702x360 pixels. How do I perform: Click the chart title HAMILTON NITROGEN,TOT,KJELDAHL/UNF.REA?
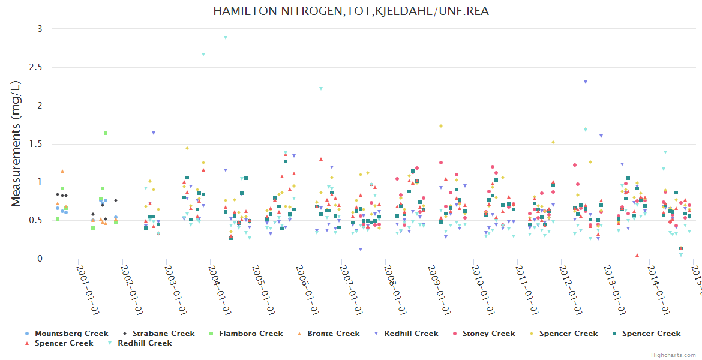(351, 11)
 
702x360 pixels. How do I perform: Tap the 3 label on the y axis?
(40, 29)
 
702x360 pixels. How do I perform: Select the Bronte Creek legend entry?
(333, 334)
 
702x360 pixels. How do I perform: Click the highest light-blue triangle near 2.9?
(226, 37)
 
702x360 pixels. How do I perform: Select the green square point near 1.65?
(106, 133)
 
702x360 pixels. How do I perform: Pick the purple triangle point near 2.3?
(586, 82)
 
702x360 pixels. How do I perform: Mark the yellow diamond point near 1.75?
(441, 126)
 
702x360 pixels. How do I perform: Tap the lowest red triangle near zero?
(637, 255)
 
